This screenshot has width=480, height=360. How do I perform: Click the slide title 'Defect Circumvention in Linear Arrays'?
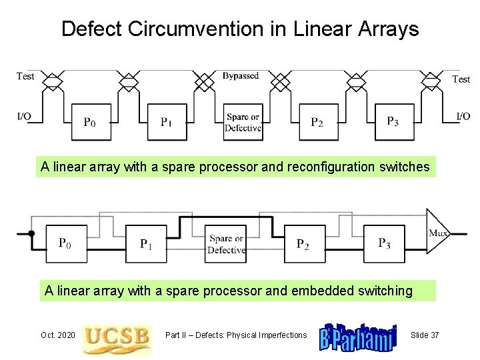(240, 29)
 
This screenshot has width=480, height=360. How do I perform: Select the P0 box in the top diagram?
(91, 121)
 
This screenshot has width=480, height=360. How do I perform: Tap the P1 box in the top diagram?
(167, 121)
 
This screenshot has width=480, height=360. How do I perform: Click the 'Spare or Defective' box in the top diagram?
(243, 121)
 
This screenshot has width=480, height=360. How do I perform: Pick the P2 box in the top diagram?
(318, 121)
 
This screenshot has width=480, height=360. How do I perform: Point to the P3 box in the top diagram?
(394, 121)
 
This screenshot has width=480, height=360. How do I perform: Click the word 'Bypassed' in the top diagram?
(241, 76)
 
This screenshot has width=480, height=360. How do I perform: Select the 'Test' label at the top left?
(25, 76)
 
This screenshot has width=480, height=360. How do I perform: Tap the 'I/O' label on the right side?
(463, 117)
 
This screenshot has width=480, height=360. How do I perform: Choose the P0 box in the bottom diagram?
(65, 243)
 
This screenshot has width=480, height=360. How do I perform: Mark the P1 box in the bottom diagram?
(146, 243)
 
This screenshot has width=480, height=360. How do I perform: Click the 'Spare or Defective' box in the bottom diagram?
(226, 243)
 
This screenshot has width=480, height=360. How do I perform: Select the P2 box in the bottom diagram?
(303, 243)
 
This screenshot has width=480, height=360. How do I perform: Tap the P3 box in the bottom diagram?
(385, 243)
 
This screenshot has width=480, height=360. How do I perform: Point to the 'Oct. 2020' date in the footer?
(58, 335)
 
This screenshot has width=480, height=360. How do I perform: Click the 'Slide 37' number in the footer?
(425, 335)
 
